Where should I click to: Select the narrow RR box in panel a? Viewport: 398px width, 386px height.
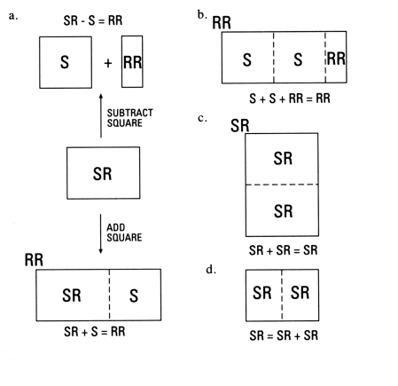click(130, 63)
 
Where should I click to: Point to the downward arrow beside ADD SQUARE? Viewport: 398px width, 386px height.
click(101, 232)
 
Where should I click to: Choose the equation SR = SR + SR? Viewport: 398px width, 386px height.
click(282, 336)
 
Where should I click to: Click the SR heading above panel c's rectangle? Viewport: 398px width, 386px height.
click(239, 125)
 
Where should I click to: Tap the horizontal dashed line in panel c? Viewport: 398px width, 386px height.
click(282, 185)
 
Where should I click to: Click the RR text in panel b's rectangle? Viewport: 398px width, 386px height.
click(336, 59)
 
